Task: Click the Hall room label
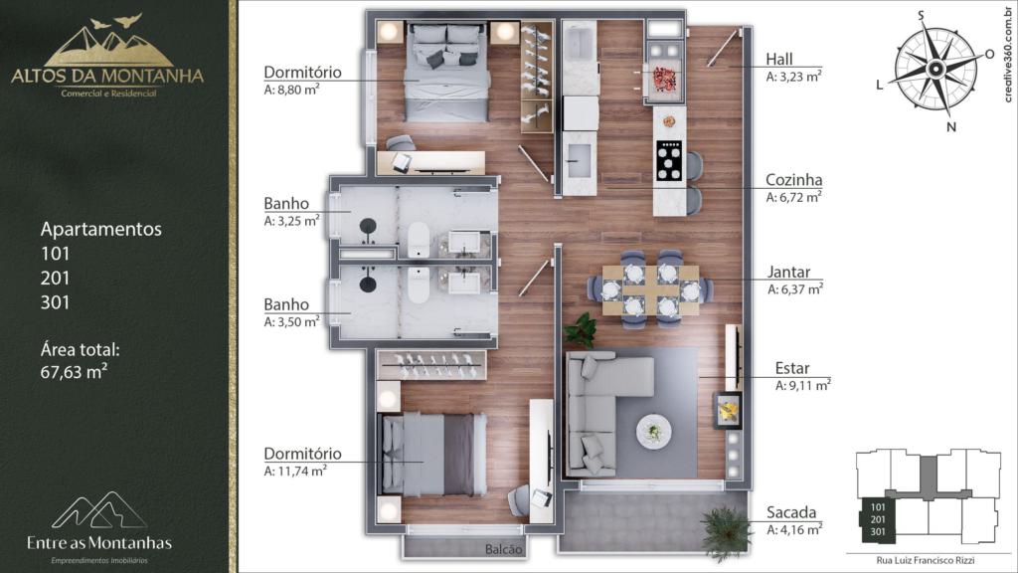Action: click(x=779, y=59)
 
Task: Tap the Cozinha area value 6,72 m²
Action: click(x=793, y=197)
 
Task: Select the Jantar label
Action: click(x=788, y=273)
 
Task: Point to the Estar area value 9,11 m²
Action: click(x=803, y=385)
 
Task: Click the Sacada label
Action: click(x=790, y=512)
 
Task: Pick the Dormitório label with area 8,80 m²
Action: click(x=302, y=72)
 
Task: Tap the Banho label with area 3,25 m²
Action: click(x=286, y=203)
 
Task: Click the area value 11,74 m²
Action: click(x=295, y=471)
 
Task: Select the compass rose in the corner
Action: click(x=935, y=69)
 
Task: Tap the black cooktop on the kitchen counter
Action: click(x=669, y=160)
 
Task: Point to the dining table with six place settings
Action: click(x=650, y=289)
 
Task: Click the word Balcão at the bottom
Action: click(x=503, y=549)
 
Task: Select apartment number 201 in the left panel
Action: click(x=56, y=279)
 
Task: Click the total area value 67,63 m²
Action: click(x=74, y=372)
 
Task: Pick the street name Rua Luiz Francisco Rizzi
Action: click(x=926, y=560)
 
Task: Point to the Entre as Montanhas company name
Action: click(x=99, y=543)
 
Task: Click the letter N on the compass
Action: click(x=951, y=127)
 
